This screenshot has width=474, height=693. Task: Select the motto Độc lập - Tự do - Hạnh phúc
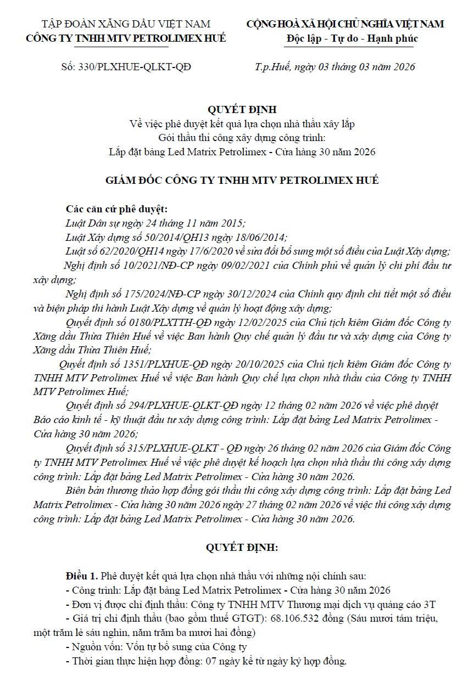coord(352,38)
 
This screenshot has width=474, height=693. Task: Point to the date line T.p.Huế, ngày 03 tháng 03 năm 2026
coord(334,67)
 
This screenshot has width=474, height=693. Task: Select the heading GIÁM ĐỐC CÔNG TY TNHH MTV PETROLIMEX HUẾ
coord(242,181)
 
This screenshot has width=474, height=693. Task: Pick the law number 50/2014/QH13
coord(165,238)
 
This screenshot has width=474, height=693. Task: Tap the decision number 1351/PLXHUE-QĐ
coord(157,364)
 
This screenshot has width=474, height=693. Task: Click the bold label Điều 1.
coord(81,576)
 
